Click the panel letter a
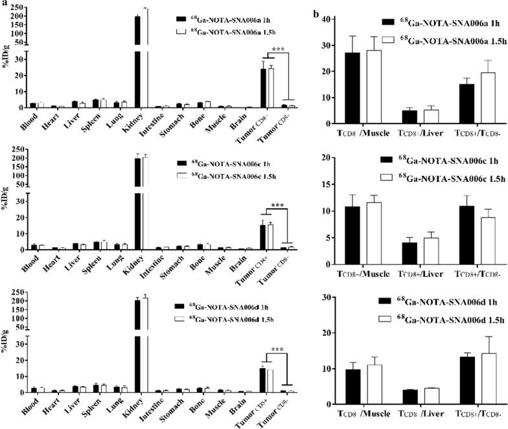5,5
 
